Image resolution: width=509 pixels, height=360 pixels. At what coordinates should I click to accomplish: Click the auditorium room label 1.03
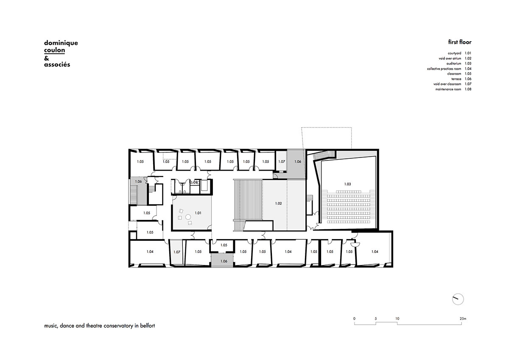point(347,184)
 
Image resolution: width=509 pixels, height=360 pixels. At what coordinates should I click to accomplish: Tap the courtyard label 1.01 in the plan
point(198,213)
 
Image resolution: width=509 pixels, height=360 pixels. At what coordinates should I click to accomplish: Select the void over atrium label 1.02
point(278,203)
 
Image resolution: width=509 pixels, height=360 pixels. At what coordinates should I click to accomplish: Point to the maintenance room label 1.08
point(194,183)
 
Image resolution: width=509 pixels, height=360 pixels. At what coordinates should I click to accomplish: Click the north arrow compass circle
point(458,299)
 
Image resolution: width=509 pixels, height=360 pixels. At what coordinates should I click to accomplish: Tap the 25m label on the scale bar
point(463,319)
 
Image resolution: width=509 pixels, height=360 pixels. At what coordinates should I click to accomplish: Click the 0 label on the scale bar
point(354,319)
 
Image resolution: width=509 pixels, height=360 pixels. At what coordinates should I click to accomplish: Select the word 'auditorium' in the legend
point(454,63)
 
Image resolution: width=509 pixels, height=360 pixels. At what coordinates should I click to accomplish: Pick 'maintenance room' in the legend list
point(448,89)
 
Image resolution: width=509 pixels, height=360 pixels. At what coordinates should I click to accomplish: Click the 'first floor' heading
point(460,42)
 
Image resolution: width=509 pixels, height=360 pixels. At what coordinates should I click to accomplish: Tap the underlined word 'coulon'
point(55,50)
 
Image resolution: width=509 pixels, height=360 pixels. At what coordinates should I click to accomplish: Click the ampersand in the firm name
point(47,58)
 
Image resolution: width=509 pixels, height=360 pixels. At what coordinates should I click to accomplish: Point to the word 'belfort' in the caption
point(148,326)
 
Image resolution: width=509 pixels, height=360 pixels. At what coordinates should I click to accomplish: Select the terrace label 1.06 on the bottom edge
point(224,261)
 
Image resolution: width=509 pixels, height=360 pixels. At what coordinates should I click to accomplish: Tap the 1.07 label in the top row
point(282,161)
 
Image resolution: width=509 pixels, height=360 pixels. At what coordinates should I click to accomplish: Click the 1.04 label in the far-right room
point(375,251)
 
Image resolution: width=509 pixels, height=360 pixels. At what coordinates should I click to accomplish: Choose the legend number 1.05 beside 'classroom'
point(468,74)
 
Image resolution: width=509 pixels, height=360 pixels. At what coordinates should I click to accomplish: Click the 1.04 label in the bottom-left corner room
point(150,251)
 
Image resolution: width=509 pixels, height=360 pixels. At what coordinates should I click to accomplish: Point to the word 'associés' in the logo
point(57,65)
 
